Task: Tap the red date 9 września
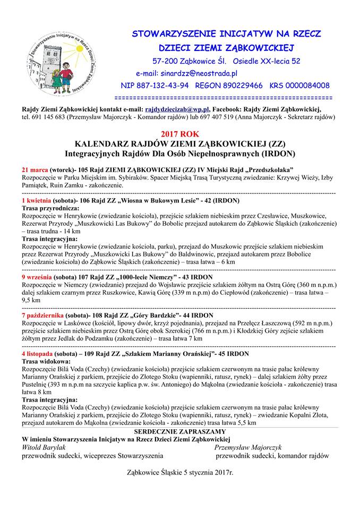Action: pyautogui.click(x=37, y=277)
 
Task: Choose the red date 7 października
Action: pyautogui.click(x=44, y=315)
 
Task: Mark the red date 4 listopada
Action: pyautogui.click(x=38, y=353)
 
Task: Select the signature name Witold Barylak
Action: pyautogui.click(x=41, y=447)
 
